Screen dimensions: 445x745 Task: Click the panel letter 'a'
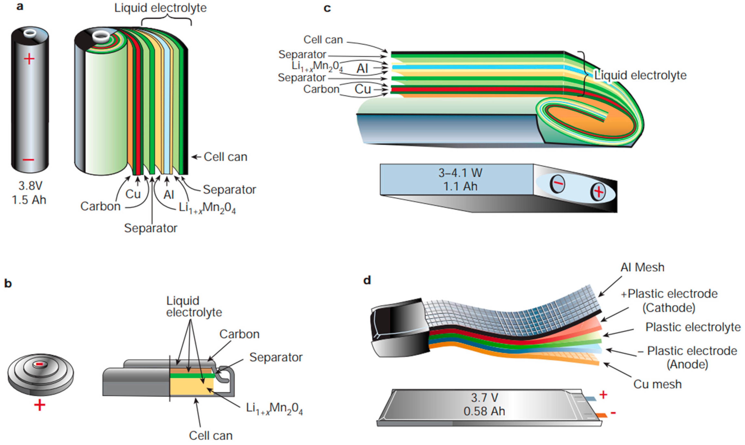[20, 7]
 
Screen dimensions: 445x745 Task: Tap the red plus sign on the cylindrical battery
[29, 59]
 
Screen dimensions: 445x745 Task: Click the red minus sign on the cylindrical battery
[29, 160]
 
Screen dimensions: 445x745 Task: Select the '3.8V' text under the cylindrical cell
[30, 186]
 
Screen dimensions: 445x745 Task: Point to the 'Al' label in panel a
[169, 195]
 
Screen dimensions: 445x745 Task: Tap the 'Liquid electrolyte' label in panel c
[640, 75]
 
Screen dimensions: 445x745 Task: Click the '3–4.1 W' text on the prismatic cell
[460, 173]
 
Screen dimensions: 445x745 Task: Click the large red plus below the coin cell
[40, 405]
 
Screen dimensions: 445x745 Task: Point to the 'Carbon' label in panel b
[239, 334]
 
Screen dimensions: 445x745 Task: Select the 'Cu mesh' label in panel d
[657, 384]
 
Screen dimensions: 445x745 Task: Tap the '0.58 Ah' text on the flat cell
[484, 411]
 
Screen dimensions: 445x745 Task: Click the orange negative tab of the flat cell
[601, 415]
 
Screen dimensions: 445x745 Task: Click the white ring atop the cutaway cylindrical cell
[101, 37]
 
